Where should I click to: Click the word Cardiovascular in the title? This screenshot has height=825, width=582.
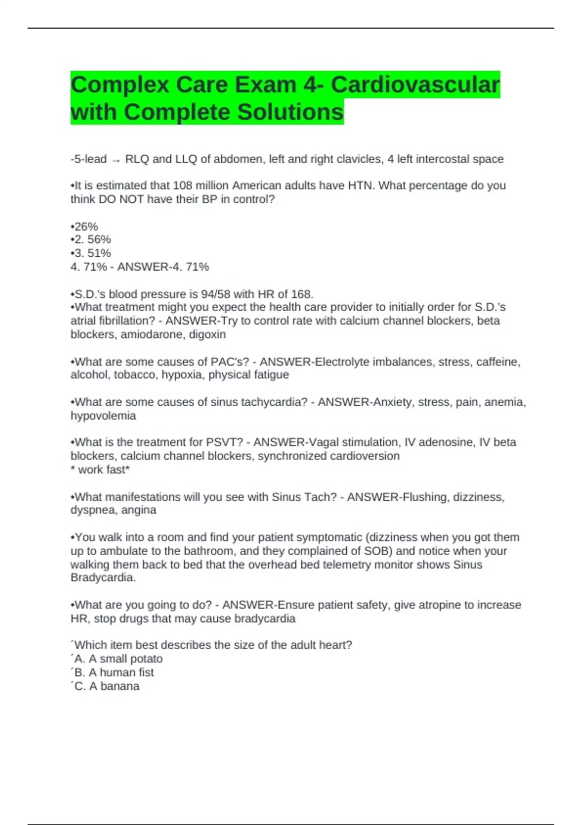[x=415, y=85]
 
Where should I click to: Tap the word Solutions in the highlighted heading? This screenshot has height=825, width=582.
[x=282, y=112]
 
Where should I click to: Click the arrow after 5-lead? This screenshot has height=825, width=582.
[x=116, y=160]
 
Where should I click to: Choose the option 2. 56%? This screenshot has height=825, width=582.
[x=92, y=239]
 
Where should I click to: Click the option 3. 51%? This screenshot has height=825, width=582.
[x=92, y=253]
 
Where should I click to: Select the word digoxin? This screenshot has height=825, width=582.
[x=208, y=334]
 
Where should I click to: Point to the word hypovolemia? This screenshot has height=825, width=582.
[x=103, y=415]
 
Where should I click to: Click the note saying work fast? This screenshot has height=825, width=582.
[x=100, y=469]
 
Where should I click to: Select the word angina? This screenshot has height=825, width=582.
[x=139, y=510]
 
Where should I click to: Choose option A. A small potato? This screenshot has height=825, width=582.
[x=118, y=659]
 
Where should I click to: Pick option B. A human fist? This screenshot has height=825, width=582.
[x=114, y=672]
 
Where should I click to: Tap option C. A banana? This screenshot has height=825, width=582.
[x=107, y=686]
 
